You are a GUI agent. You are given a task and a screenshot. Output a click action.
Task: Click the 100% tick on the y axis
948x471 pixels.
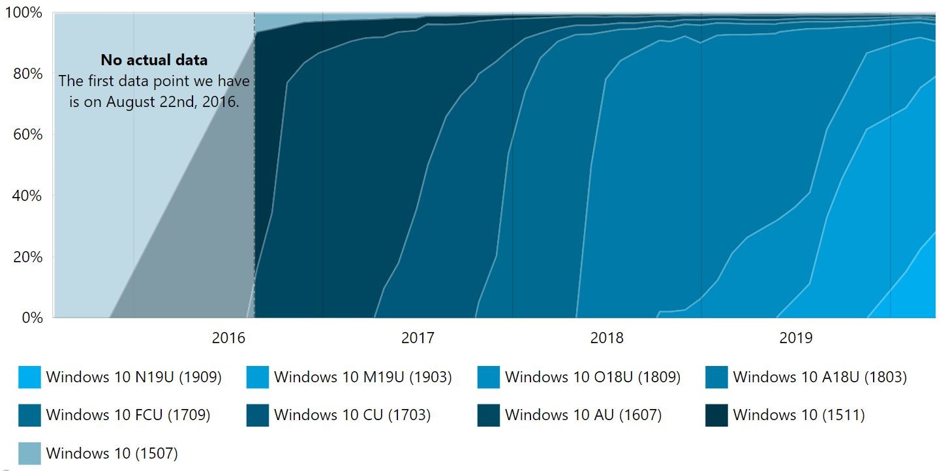pos(23,12)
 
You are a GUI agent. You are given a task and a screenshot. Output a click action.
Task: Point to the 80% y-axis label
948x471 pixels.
pos(28,74)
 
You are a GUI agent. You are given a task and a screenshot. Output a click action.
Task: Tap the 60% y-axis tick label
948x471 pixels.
pos(28,134)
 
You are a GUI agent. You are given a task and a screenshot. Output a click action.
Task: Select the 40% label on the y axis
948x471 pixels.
pos(28,196)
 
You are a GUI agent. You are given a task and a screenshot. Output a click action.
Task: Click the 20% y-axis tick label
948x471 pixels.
pos(28,257)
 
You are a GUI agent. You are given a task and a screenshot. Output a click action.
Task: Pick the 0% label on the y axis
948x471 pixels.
pos(32,318)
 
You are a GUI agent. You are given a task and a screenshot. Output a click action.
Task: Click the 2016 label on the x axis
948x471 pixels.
pos(228,338)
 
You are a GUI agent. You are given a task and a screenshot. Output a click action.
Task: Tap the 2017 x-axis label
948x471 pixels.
pos(418,338)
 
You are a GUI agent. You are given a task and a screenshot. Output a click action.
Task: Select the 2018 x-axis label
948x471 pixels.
pos(607,338)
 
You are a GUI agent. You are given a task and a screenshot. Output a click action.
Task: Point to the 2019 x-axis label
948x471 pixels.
pos(796,338)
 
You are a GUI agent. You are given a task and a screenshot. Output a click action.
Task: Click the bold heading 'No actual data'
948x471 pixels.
pos(154,60)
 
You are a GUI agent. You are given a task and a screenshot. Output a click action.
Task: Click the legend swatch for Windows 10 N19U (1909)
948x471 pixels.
pos(29,377)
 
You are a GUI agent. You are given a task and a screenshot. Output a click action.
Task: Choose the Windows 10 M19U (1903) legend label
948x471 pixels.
pos(363,377)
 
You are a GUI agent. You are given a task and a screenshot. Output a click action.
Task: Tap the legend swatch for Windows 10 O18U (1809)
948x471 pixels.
pos(489,377)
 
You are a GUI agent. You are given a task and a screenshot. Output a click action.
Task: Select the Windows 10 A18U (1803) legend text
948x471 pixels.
pos(819,377)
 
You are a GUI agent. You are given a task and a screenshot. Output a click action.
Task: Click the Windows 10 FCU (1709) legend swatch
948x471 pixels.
pos(29,415)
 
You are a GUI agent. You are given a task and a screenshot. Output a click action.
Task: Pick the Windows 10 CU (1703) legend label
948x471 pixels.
pos(352,415)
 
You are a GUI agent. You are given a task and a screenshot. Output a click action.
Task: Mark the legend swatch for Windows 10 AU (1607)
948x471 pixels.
pos(489,415)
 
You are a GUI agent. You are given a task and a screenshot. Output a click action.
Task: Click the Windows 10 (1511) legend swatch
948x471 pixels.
pos(716,415)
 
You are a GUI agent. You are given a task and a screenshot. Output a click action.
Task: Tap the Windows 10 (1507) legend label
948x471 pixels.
pos(112,453)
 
